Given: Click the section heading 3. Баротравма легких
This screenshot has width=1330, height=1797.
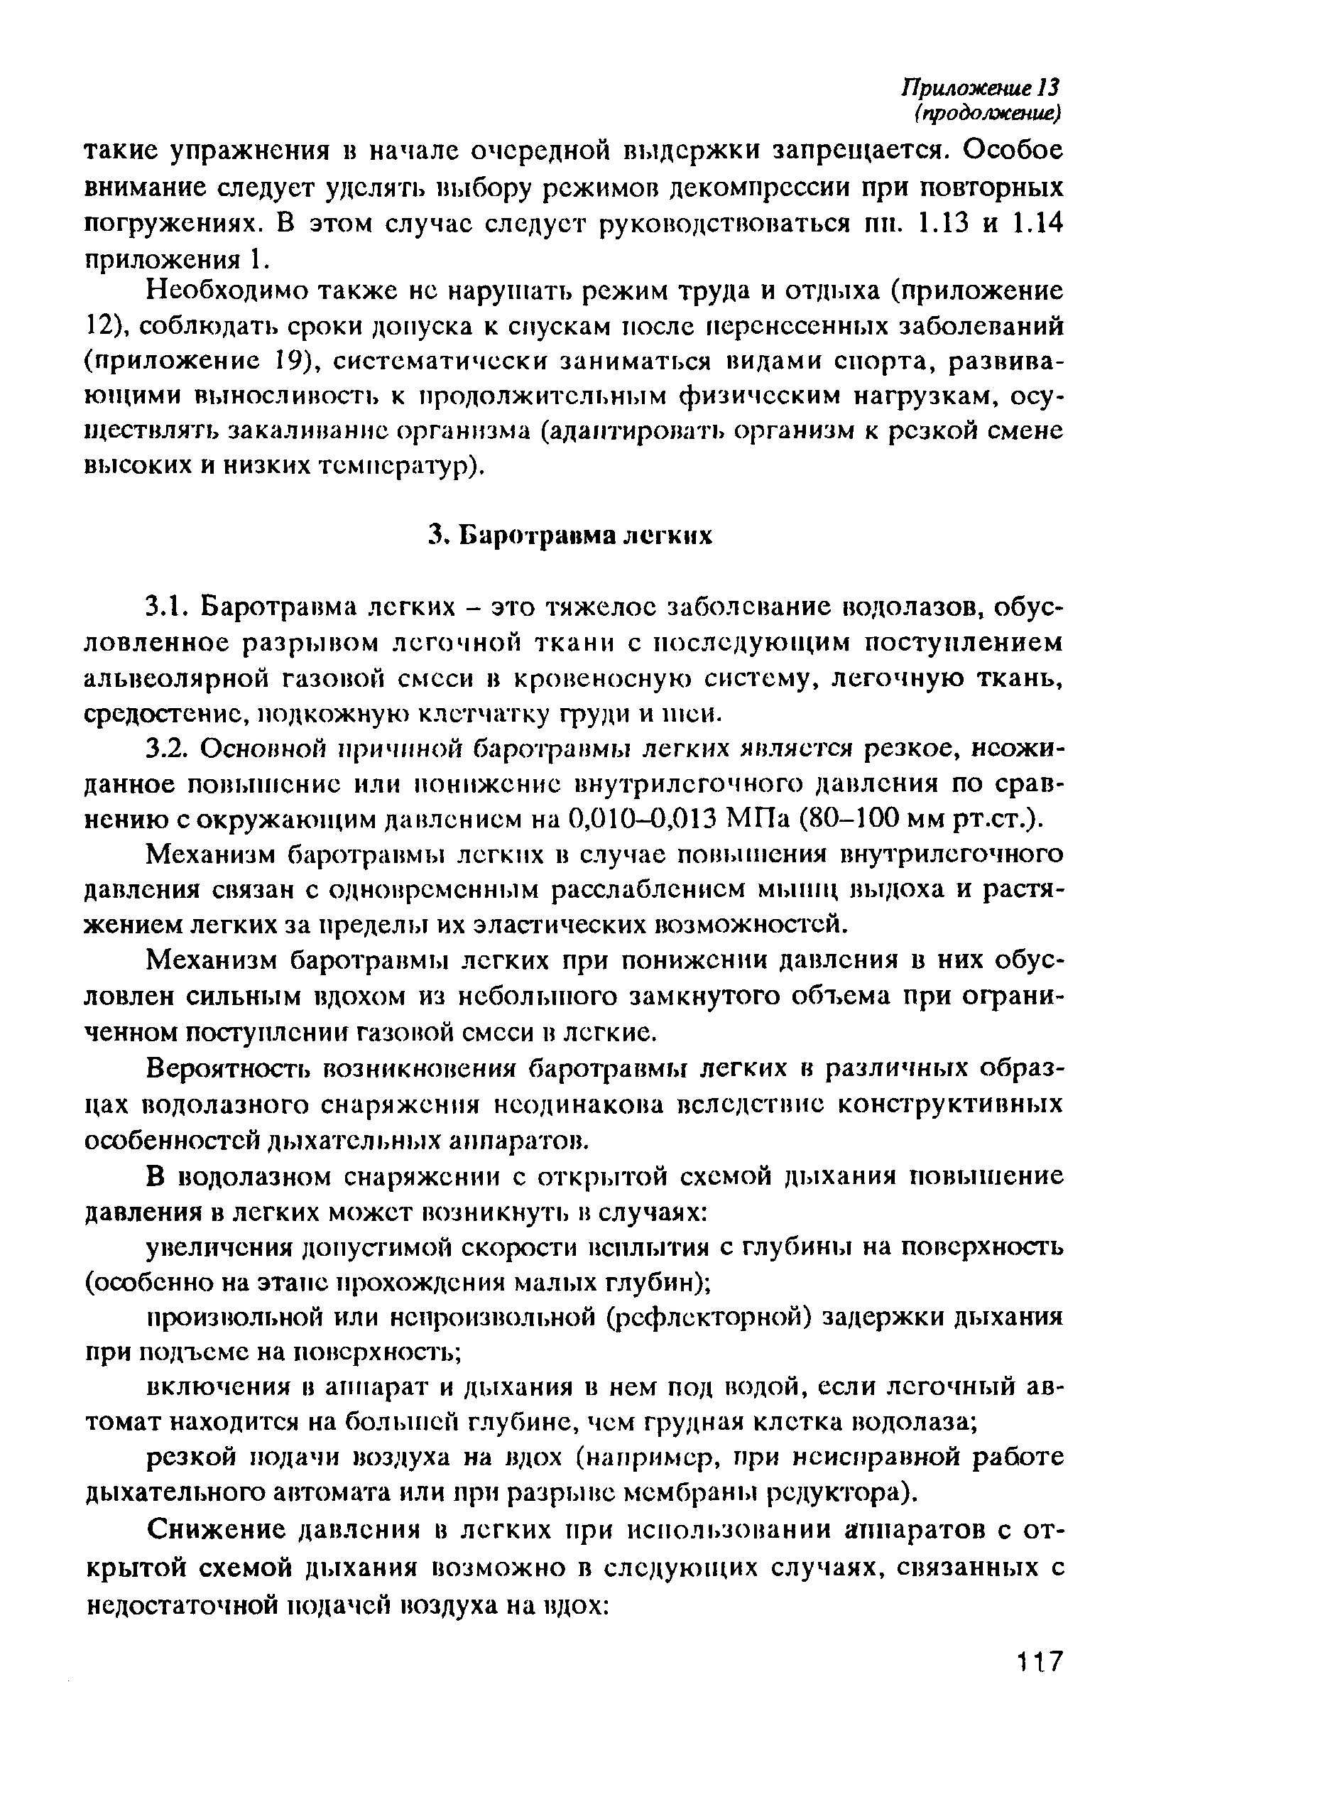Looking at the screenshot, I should click(x=571, y=536).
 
